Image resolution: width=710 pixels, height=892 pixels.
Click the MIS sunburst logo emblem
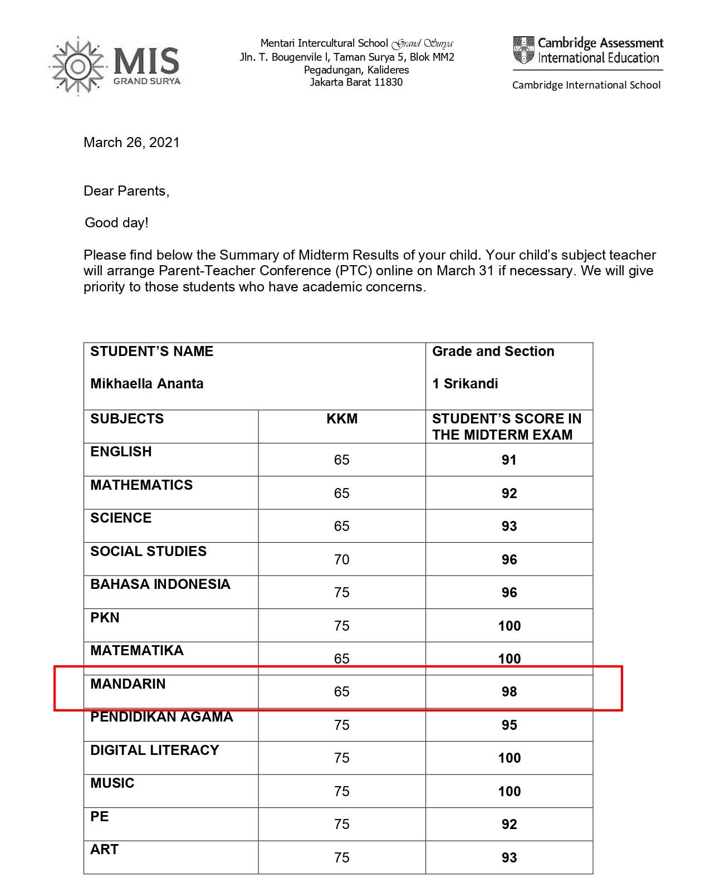[x=78, y=66]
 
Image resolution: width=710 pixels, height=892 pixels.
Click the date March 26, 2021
[x=131, y=143]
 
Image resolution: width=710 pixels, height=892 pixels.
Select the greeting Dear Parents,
[x=126, y=191]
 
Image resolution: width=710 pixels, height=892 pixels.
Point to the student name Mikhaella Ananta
[x=147, y=384]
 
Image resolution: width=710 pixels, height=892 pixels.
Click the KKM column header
[x=342, y=419]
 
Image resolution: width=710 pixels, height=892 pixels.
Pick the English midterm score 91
[x=509, y=460]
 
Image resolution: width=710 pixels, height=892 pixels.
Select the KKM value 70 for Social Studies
[x=342, y=559]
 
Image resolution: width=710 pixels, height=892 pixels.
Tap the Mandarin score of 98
[x=509, y=692]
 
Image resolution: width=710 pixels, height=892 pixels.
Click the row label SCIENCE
[x=121, y=518]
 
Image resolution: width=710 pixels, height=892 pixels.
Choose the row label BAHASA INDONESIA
[x=160, y=584]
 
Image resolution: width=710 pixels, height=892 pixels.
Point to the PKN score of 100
[x=509, y=626]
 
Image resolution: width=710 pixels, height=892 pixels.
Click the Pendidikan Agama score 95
[x=509, y=725]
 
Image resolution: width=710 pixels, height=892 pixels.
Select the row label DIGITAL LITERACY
[x=155, y=750]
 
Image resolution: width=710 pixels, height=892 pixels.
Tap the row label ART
[x=105, y=850]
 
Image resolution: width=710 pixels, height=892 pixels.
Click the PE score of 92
[x=509, y=825]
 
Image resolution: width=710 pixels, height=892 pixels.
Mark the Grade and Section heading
[x=493, y=352]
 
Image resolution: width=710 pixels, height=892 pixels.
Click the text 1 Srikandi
[x=465, y=384]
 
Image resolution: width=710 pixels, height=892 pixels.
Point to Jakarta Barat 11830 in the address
[x=356, y=82]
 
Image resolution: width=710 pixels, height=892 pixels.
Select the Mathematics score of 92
[x=509, y=494]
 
